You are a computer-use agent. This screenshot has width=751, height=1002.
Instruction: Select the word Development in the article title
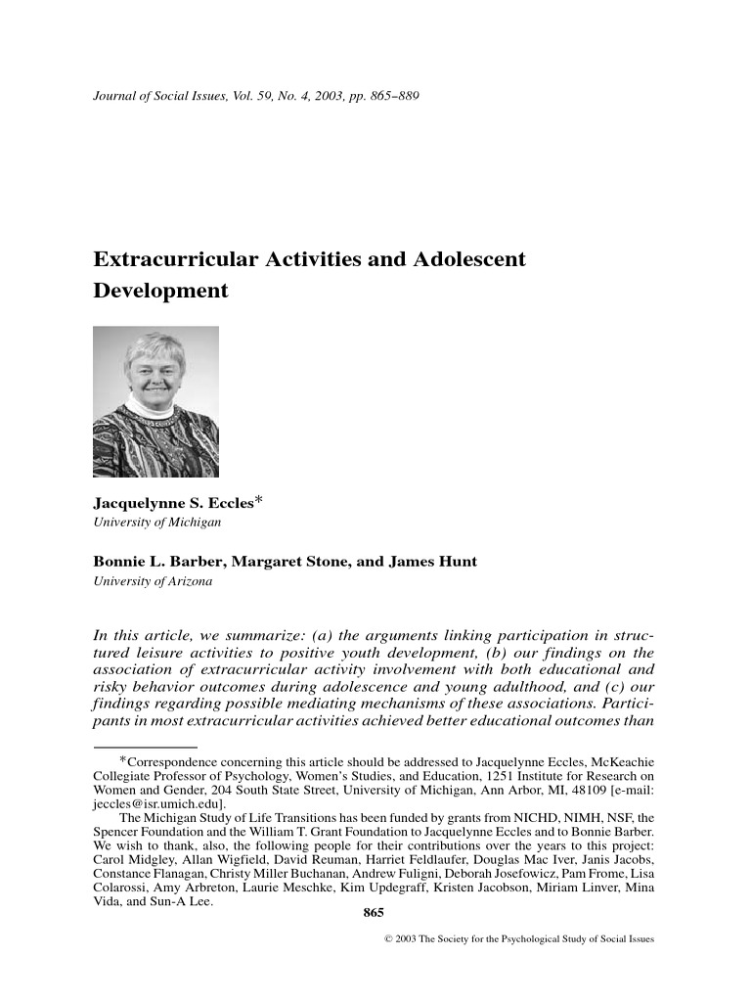tap(160, 291)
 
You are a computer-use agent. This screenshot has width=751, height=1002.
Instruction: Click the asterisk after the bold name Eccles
tap(259, 501)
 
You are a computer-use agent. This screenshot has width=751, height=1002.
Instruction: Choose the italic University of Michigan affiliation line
tap(156, 523)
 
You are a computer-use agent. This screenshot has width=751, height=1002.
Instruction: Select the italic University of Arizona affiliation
tap(152, 581)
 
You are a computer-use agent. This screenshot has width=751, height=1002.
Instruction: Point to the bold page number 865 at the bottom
tap(373, 913)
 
